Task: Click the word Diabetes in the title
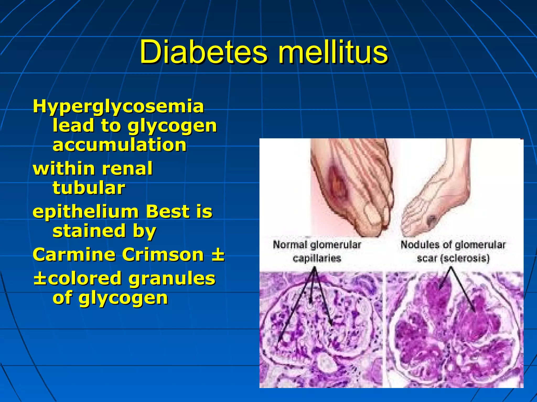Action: pos(203,52)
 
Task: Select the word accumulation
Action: pos(120,145)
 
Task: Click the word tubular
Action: pos(89,188)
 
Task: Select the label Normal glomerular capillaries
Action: pos(317,252)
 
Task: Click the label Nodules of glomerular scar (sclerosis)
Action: pos(453,252)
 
